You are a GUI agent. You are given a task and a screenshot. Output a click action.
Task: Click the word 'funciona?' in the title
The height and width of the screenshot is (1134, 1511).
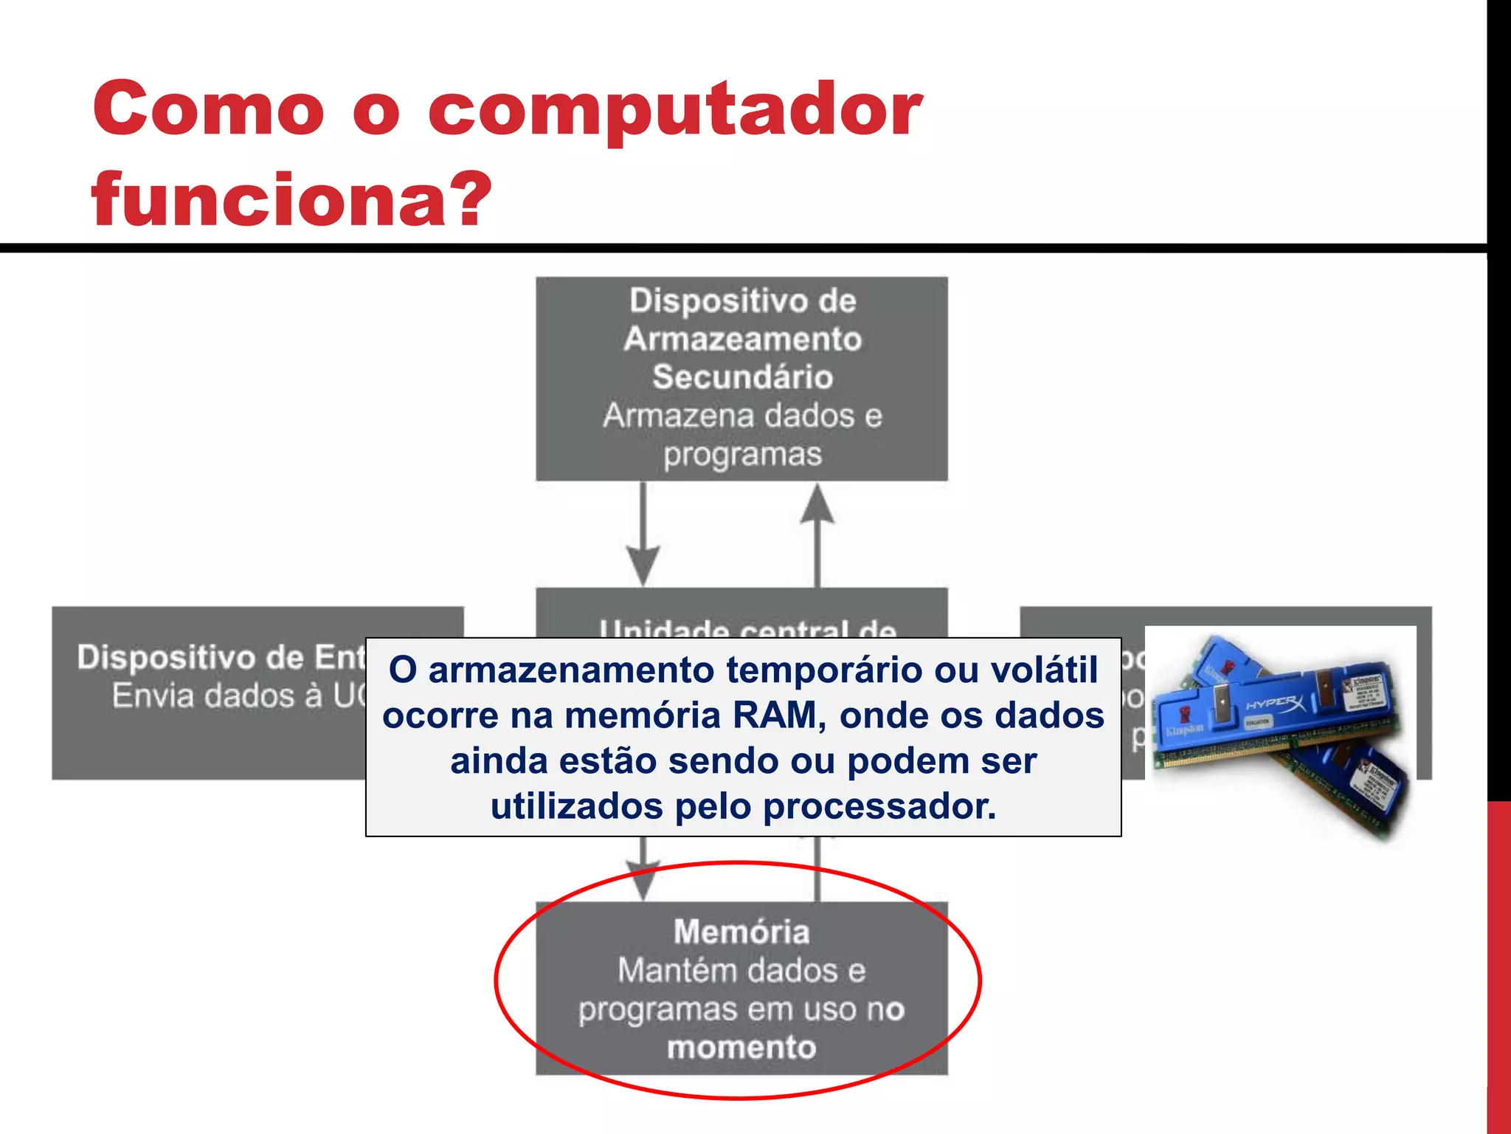[291, 199]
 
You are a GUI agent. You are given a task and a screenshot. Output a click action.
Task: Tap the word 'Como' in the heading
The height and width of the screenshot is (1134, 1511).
[208, 109]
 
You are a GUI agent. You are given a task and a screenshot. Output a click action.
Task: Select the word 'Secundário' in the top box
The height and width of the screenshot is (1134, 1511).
[742, 377]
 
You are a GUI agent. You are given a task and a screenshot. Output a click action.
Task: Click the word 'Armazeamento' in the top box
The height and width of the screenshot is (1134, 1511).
[742, 339]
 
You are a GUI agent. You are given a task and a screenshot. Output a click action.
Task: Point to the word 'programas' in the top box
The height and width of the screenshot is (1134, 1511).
[742, 455]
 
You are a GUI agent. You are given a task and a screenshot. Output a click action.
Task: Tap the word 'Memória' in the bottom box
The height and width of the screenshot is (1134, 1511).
[741, 932]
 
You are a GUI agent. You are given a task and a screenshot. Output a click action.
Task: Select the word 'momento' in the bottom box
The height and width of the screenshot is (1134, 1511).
[741, 1048]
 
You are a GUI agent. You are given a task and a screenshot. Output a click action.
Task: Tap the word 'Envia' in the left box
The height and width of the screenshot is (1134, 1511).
[152, 696]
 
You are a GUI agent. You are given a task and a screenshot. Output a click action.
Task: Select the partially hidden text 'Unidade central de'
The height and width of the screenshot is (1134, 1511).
[747, 629]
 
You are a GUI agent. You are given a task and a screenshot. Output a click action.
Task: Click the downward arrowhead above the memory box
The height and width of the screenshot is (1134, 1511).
[643, 879]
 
